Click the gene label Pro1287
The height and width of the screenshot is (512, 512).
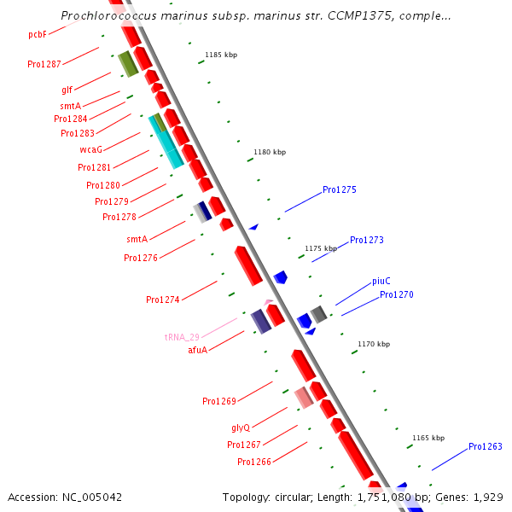(x=44, y=64)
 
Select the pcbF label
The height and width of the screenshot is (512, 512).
(x=37, y=34)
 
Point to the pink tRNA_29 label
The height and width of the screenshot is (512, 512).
(x=182, y=337)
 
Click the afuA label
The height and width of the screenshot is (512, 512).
(x=197, y=350)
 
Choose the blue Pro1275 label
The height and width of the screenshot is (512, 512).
(x=340, y=189)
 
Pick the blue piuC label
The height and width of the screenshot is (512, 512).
(x=381, y=281)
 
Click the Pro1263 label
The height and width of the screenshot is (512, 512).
(x=486, y=446)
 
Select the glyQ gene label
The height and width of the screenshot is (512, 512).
(x=241, y=428)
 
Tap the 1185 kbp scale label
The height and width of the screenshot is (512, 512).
(x=221, y=55)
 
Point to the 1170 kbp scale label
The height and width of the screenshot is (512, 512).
(x=374, y=344)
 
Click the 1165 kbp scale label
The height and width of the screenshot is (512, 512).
(x=428, y=438)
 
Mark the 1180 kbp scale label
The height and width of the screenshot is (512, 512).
(x=270, y=152)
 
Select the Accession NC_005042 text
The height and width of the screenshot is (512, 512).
(x=65, y=497)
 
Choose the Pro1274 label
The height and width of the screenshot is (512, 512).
(x=162, y=300)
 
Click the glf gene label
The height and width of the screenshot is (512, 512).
(x=67, y=89)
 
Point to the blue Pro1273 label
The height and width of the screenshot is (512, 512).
(x=367, y=240)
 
